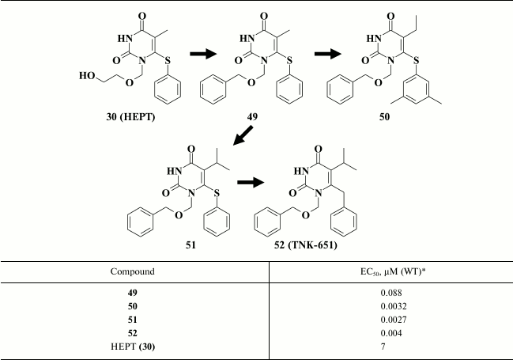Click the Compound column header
point(132,271)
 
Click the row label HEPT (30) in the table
point(133,345)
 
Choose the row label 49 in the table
point(132,293)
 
